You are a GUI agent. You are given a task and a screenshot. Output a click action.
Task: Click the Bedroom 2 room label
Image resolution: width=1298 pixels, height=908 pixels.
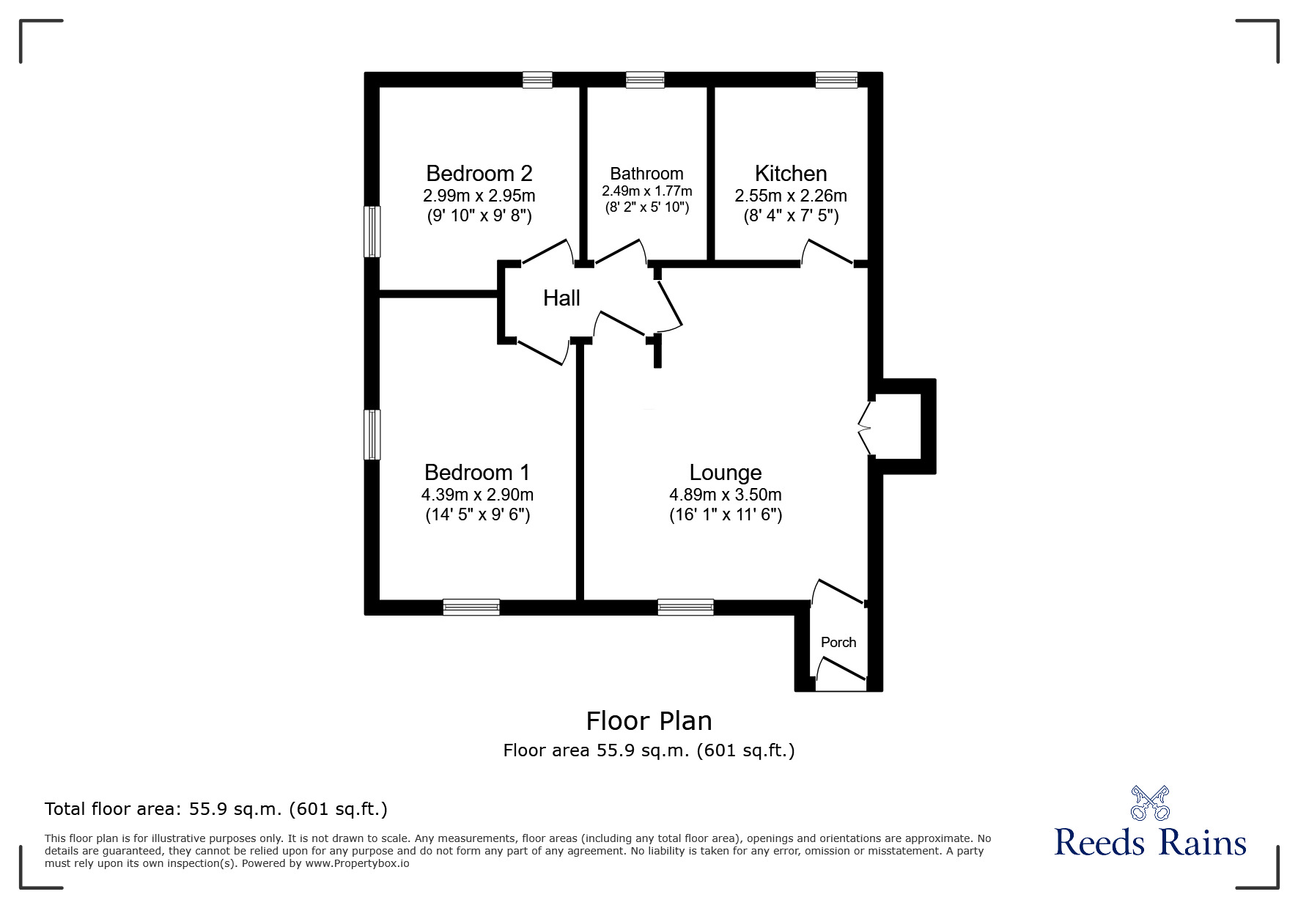pos(479,174)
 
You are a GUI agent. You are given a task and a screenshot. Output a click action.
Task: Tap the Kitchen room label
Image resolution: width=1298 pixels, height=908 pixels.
pos(791,174)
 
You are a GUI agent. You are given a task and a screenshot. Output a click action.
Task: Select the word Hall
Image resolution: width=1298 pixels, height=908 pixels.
pos(561,298)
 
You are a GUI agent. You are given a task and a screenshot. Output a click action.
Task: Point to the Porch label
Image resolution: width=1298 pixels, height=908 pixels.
pos(838,642)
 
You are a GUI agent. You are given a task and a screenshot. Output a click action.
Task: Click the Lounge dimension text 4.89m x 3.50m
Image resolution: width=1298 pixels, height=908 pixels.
pos(726,495)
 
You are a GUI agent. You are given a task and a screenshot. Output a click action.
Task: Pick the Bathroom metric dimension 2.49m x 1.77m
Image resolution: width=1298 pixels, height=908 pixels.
pos(647,191)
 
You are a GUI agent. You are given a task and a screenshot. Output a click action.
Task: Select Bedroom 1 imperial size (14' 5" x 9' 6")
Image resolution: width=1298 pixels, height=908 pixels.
pos(478,514)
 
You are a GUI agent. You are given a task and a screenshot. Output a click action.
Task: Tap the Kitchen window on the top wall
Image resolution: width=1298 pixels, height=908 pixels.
pos(837,80)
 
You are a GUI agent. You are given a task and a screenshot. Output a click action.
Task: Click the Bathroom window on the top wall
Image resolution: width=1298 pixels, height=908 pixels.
pos(645,80)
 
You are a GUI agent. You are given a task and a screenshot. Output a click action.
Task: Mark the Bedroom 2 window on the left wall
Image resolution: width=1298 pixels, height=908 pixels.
pos(373,232)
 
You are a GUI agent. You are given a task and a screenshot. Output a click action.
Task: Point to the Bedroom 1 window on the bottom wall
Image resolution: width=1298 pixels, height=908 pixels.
pos(471,607)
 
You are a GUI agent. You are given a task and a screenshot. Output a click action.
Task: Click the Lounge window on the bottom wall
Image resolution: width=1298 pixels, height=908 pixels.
pos(685,607)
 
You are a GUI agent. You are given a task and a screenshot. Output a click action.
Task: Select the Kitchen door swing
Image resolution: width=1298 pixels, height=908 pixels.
pos(827,251)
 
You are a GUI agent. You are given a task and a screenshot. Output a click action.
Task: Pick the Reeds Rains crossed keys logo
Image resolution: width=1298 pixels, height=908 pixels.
pos(1150,802)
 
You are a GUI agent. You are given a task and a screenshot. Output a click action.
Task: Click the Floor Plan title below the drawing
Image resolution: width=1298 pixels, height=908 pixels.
pos(649,721)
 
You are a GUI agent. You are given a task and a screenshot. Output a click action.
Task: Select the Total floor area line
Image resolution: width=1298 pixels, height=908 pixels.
pos(216,809)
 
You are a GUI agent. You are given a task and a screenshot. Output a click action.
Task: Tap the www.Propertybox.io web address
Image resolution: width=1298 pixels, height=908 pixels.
pos(357,863)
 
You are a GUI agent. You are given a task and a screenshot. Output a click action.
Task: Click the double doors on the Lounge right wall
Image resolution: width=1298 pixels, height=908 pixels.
pos(865,428)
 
